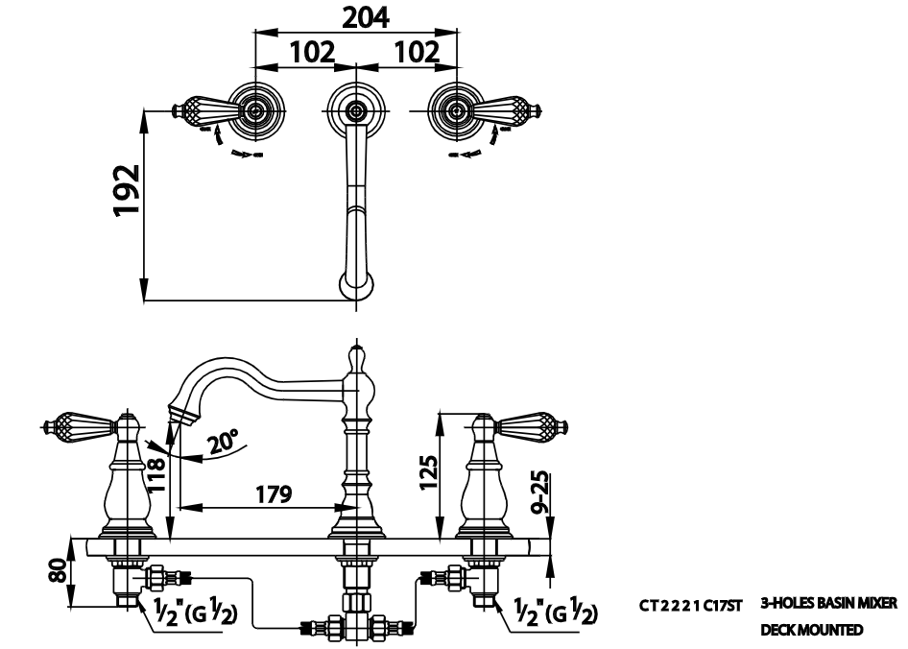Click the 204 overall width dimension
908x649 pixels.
[x=355, y=16]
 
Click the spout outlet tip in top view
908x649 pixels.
[x=356, y=285]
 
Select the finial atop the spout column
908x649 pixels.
[x=355, y=357]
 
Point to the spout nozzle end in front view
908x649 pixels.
[x=179, y=414]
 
